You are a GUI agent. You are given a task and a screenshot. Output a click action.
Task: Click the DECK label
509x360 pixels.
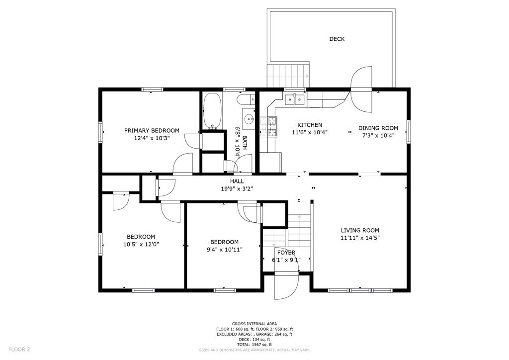coord(337,39)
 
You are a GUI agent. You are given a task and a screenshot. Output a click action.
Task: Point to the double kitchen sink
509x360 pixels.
coord(295,100)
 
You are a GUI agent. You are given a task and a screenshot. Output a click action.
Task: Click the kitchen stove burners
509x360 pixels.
coord(269,126)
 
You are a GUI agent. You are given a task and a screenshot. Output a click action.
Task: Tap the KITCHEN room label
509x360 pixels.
coord(310,125)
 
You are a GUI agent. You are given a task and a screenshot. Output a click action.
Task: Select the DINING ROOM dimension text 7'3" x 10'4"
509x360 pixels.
coord(378,135)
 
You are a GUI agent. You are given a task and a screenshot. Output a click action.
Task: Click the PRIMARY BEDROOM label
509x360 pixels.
coord(152,130)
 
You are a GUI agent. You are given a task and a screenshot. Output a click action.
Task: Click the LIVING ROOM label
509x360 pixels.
coord(360,231)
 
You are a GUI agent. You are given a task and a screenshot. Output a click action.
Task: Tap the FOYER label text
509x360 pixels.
coord(286,253)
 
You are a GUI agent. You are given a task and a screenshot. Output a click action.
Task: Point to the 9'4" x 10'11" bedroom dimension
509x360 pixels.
coord(224,249)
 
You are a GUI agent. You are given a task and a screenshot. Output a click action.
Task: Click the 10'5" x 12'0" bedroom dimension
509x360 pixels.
coord(141,244)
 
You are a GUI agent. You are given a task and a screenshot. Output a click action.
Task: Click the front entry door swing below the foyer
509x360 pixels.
coord(286,287)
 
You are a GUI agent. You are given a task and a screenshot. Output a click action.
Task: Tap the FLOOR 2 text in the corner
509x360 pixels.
coord(19,350)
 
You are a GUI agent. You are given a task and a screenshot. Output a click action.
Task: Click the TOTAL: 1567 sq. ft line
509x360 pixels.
coord(254,345)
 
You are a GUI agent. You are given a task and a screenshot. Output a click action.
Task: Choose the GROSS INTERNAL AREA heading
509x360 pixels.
coord(254,324)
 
